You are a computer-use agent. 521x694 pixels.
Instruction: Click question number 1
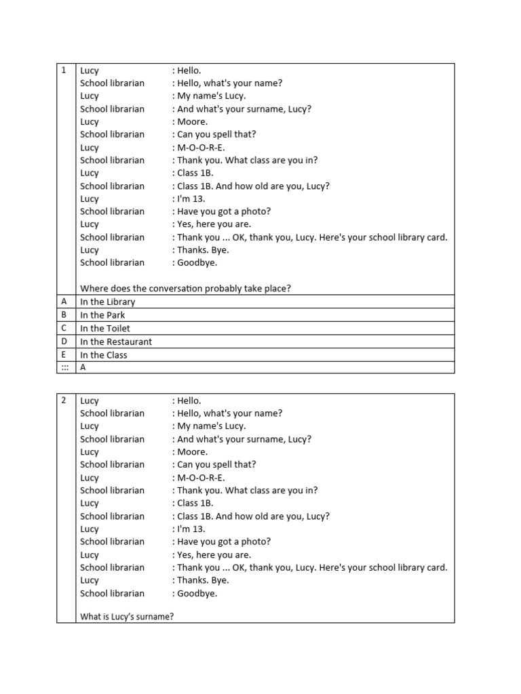(x=63, y=70)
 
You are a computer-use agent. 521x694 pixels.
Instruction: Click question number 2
(x=63, y=401)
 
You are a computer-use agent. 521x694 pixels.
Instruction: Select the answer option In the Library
(x=107, y=302)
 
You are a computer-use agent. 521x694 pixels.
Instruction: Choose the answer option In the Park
(x=102, y=315)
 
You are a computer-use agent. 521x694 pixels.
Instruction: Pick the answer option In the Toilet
(x=104, y=329)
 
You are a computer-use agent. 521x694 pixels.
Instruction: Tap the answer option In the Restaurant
(x=116, y=342)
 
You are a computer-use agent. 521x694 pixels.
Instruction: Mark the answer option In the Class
(x=103, y=355)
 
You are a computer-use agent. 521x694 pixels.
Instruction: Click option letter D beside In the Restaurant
(x=64, y=342)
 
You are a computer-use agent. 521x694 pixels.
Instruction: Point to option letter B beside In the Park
(x=64, y=315)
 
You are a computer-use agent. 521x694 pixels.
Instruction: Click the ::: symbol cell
(x=64, y=367)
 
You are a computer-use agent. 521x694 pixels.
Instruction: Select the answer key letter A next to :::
(x=83, y=367)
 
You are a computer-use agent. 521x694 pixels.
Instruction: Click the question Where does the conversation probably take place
(x=185, y=289)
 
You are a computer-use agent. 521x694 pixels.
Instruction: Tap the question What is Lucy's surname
(x=126, y=617)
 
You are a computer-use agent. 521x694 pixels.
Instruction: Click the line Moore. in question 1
(x=192, y=122)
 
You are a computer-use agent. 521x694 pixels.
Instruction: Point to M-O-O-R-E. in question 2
(x=201, y=478)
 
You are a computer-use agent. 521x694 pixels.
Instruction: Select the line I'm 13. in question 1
(x=191, y=199)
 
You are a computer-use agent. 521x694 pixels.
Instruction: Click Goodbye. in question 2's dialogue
(x=197, y=594)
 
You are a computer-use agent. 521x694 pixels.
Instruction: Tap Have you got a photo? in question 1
(x=223, y=211)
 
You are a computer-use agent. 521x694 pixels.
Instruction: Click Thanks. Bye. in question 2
(x=203, y=581)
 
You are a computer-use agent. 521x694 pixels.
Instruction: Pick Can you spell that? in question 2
(x=216, y=465)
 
